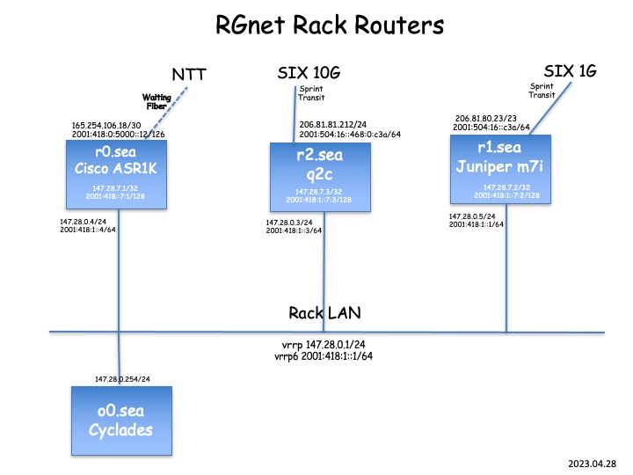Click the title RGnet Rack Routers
coord(330,26)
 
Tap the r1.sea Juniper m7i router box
coord(502,168)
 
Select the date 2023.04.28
coord(593,460)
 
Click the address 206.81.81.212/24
coord(338,125)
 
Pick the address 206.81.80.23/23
coord(487,118)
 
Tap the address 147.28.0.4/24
coord(84,222)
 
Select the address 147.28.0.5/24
coord(472,216)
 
